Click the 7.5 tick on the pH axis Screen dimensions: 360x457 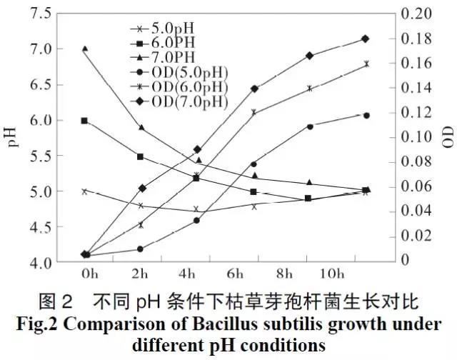(40, 14)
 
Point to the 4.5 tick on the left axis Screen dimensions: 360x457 (40, 227)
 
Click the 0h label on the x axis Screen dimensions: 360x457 (89, 274)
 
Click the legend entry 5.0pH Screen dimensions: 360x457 (172, 29)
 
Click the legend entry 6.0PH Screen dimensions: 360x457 (172, 44)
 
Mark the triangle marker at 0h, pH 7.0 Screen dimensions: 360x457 (85, 49)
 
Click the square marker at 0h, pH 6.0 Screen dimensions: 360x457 (85, 121)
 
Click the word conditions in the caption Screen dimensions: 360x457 (286, 344)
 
